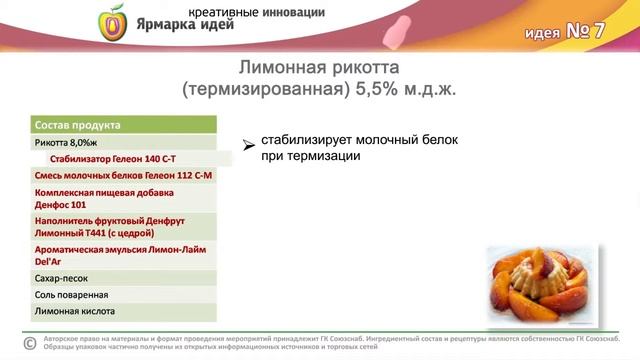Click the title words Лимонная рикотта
tap(319, 68)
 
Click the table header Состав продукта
tap(77, 125)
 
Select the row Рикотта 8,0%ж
tap(70, 142)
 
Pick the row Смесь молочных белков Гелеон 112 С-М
tap(123, 174)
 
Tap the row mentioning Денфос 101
tap(90, 196)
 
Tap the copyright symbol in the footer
tap(29, 343)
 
